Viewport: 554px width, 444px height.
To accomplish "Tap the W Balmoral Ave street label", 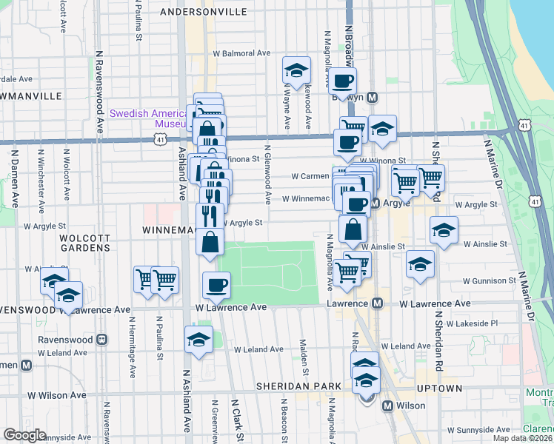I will coord(242,53).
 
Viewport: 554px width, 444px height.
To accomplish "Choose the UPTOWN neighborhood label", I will coord(442,388).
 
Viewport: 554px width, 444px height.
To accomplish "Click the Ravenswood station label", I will coord(67,340).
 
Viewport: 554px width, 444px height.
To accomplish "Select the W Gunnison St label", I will coord(489,281).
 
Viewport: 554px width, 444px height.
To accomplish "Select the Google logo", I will coord(24,434).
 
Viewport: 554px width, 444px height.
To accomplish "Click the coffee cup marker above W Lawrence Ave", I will coord(216,284).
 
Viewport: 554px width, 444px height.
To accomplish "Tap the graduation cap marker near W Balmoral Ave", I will coord(296,71).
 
